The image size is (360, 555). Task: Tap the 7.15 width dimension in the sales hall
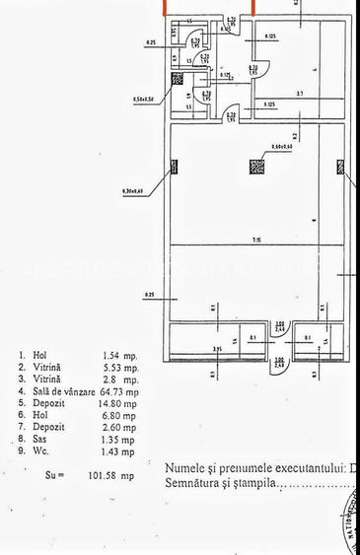pos(255,240)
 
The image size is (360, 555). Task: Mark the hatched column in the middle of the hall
pos(255,168)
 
